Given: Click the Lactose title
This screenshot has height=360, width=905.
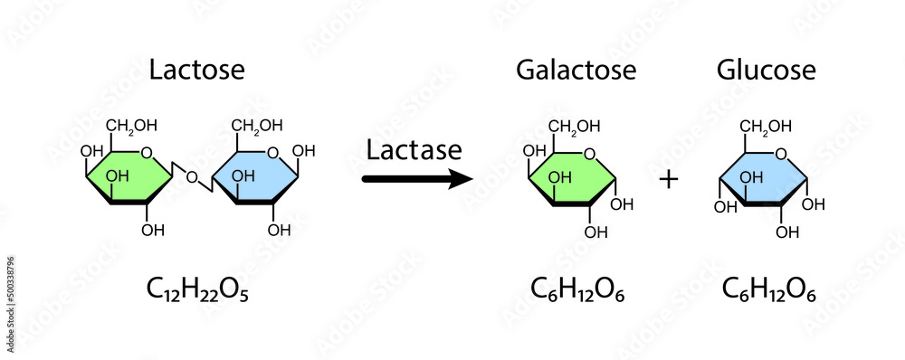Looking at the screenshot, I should click(x=196, y=70).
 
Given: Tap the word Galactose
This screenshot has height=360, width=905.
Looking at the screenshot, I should click(x=576, y=70).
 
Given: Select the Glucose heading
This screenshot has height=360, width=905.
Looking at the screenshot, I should click(x=766, y=70).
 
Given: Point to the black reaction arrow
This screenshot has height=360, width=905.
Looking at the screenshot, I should click(x=416, y=179).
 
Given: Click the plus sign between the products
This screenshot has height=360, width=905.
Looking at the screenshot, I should click(x=669, y=179).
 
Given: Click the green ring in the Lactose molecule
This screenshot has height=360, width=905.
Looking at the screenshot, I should click(x=129, y=175).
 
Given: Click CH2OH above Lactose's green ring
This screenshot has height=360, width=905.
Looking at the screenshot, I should click(x=132, y=125).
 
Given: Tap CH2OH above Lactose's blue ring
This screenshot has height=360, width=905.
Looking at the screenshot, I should click(x=257, y=125).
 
